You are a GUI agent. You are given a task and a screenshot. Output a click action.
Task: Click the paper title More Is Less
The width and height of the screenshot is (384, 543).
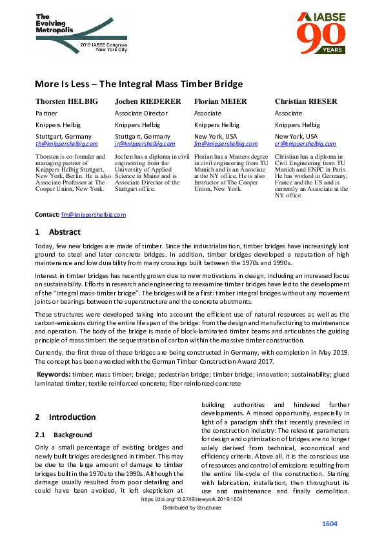click(x=139, y=84)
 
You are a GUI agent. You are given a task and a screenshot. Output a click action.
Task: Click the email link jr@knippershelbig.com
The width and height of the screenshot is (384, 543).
click(x=146, y=144)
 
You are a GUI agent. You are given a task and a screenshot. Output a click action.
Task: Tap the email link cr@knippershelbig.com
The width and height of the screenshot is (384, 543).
click(x=305, y=144)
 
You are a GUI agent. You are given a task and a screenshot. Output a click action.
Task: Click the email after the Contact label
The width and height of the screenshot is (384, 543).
click(x=94, y=214)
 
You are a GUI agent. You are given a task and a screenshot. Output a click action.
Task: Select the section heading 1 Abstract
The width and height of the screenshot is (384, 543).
click(x=57, y=232)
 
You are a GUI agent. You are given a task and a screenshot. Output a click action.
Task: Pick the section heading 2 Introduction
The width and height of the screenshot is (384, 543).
click(x=65, y=417)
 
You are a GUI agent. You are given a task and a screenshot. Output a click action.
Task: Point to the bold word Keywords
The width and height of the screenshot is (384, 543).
click(x=53, y=374)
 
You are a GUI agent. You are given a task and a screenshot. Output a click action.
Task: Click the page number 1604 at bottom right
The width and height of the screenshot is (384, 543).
click(x=330, y=524)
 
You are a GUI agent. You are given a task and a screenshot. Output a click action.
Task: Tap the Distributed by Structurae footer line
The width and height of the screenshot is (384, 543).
click(x=192, y=508)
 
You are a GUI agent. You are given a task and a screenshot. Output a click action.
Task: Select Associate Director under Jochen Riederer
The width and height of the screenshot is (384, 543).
click(x=139, y=114)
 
